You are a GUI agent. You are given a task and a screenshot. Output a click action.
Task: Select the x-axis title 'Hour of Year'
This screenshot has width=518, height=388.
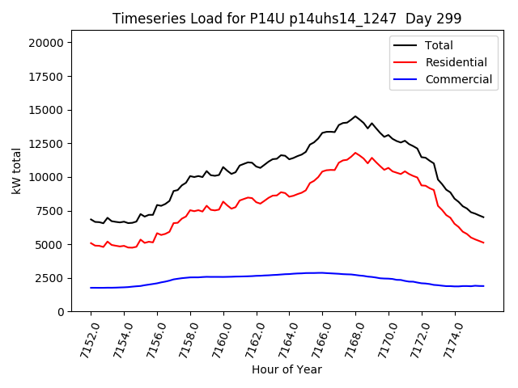click(287, 369)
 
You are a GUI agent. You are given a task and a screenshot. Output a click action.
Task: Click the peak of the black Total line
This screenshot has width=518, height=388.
click(355, 116)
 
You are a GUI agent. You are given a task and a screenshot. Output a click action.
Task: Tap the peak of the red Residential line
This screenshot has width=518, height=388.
click(355, 153)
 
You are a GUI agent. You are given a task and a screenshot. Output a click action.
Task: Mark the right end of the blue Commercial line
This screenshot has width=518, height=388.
click(483, 286)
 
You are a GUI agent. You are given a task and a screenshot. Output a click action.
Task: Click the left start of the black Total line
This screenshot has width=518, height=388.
click(91, 219)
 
